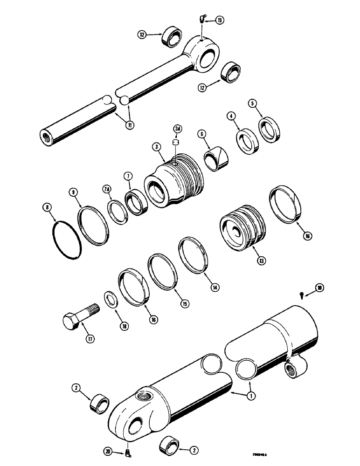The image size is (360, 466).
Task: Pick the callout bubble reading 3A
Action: point(177,129)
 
